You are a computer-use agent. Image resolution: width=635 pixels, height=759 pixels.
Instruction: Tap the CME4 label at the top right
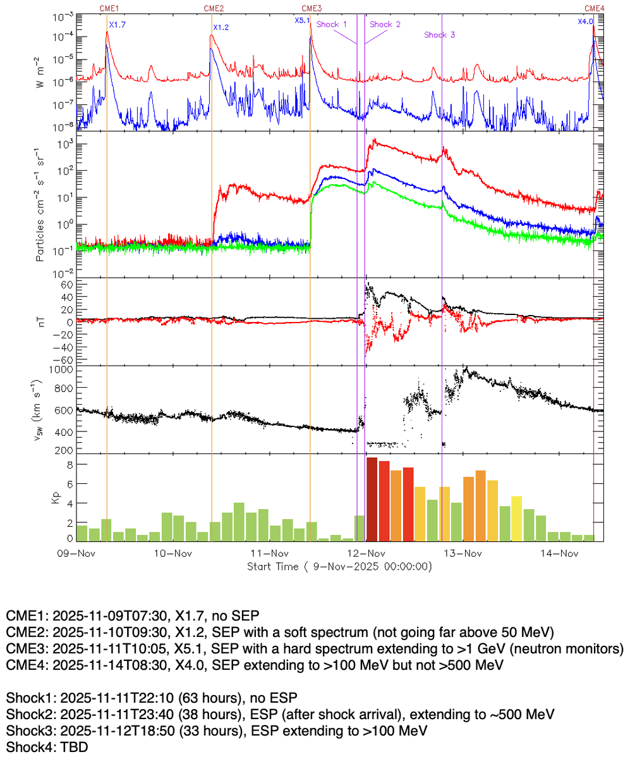594,8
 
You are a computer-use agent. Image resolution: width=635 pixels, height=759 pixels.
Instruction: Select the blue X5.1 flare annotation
302,20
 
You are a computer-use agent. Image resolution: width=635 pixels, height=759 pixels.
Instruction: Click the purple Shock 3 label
440,35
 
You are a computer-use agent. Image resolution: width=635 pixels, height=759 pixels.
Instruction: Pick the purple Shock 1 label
332,24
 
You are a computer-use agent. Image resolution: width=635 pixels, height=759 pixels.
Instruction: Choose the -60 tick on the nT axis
63,359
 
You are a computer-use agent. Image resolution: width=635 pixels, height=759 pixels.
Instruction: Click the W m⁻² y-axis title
39,70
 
